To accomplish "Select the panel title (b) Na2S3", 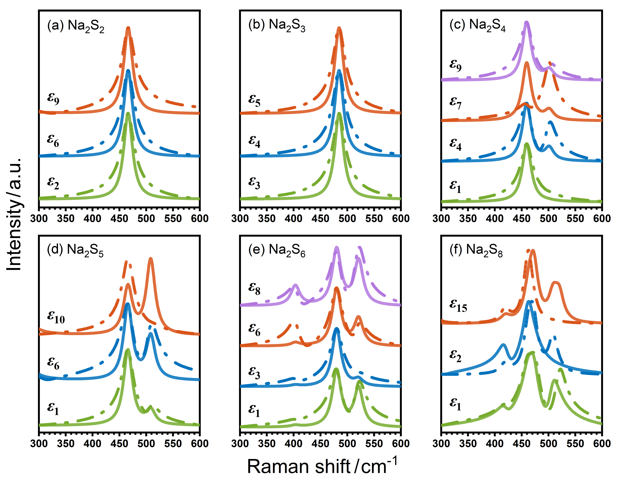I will (277, 25).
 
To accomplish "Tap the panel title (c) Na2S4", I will (478, 25).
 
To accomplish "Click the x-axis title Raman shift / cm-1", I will (322, 466).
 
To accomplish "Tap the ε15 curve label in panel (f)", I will (458, 306).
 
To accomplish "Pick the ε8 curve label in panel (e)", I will (254, 289).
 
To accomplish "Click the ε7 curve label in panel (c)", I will (455, 102).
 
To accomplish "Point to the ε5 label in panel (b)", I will (254, 100).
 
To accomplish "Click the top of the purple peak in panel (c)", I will (526, 23).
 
